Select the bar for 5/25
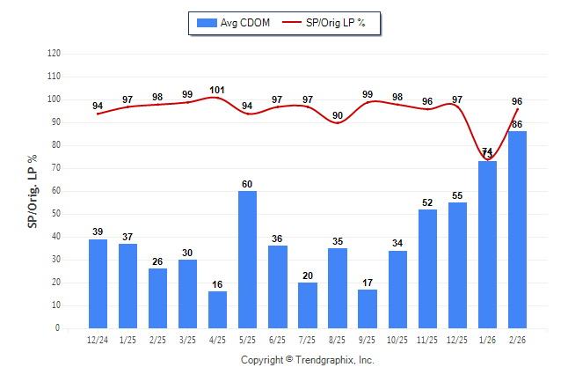click(247, 260)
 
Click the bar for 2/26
click(517, 230)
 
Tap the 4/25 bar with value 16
click(217, 310)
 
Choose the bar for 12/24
click(98, 283)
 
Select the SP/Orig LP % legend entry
click(331, 23)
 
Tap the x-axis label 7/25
click(307, 340)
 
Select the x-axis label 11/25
click(427, 340)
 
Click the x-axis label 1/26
click(487, 340)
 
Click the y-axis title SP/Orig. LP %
click(33, 190)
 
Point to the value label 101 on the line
click(217, 90)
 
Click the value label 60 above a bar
click(247, 184)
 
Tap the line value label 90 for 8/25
click(337, 115)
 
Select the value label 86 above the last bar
click(517, 124)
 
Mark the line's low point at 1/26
click(487, 159)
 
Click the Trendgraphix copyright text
click(308, 360)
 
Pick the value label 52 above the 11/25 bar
click(427, 202)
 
